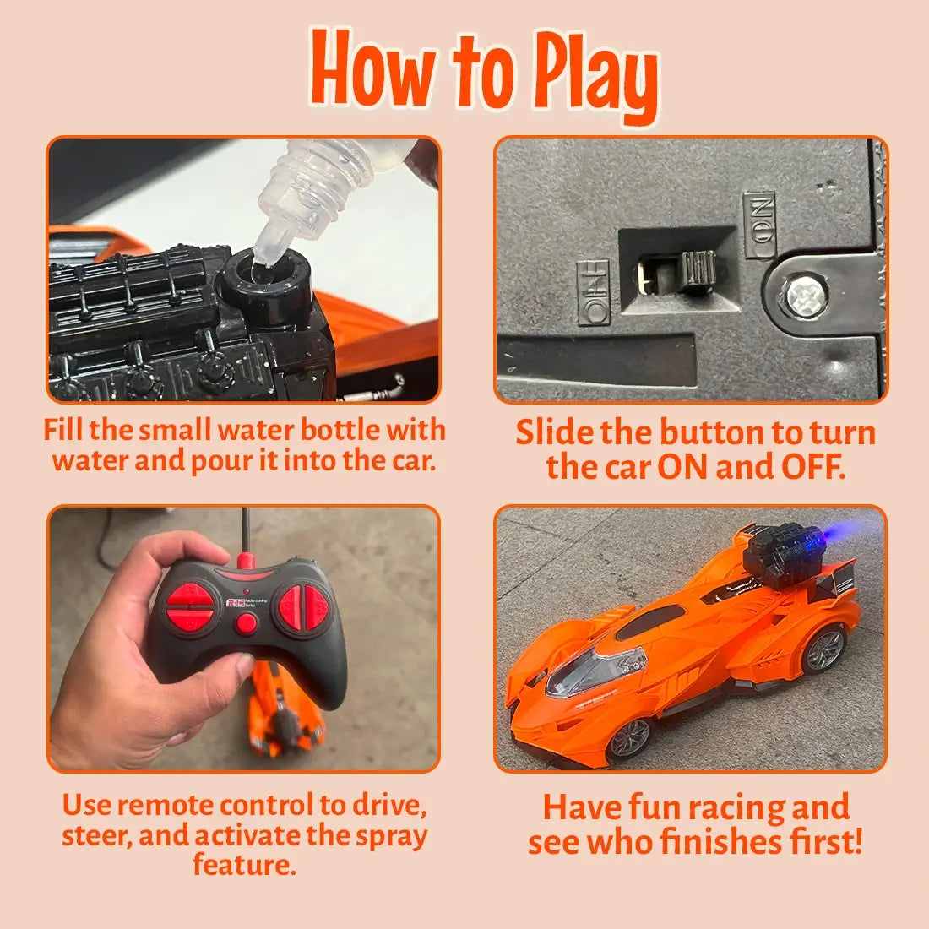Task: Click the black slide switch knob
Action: (x=698, y=270)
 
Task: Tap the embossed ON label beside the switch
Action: (x=759, y=225)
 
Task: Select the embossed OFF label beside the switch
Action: (x=593, y=293)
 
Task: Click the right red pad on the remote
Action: (x=303, y=606)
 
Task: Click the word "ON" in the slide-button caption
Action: (x=682, y=467)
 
